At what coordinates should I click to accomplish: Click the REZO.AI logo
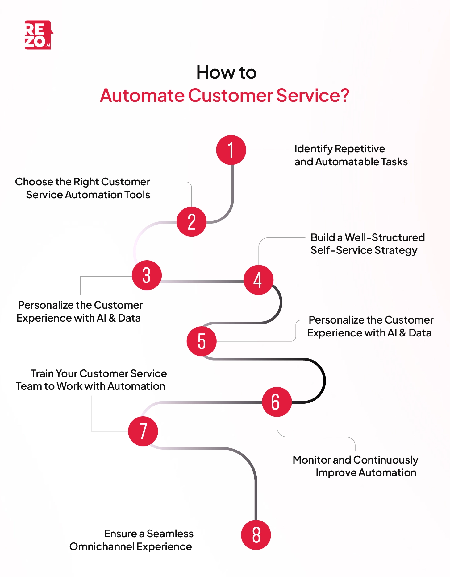pos(38,35)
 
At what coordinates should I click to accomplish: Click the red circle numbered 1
pos(231,150)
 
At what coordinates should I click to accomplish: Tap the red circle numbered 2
pos(191,221)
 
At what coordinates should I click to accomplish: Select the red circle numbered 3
pos(147,275)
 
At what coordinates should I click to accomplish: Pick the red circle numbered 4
pos(258,280)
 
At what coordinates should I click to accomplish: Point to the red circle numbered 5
pos(202,341)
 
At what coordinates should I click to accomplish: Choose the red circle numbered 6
pos(277,402)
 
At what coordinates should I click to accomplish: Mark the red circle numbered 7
pos(143,431)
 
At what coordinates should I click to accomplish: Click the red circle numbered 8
pos(256,535)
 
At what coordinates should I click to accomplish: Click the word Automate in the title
pos(142,95)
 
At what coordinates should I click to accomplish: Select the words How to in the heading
pos(226,73)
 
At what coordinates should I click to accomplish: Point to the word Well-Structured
pos(385,237)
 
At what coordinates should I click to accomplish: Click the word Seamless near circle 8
pos(170,534)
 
